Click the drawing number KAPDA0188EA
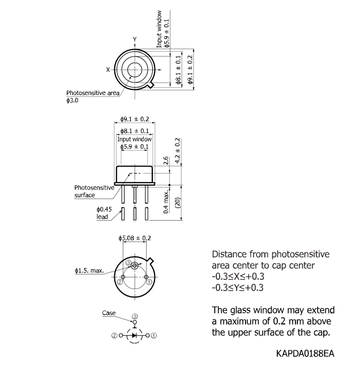[306, 353]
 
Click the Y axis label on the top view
[135, 38]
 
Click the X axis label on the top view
[108, 70]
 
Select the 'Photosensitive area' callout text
[92, 93]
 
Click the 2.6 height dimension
[166, 161]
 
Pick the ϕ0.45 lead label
[105, 213]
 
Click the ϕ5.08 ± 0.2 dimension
[134, 238]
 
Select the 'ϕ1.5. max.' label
[88, 271]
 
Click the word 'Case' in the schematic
[109, 312]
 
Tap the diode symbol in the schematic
[135, 335]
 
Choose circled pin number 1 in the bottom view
[148, 281]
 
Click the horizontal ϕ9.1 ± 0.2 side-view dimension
[135, 119]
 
